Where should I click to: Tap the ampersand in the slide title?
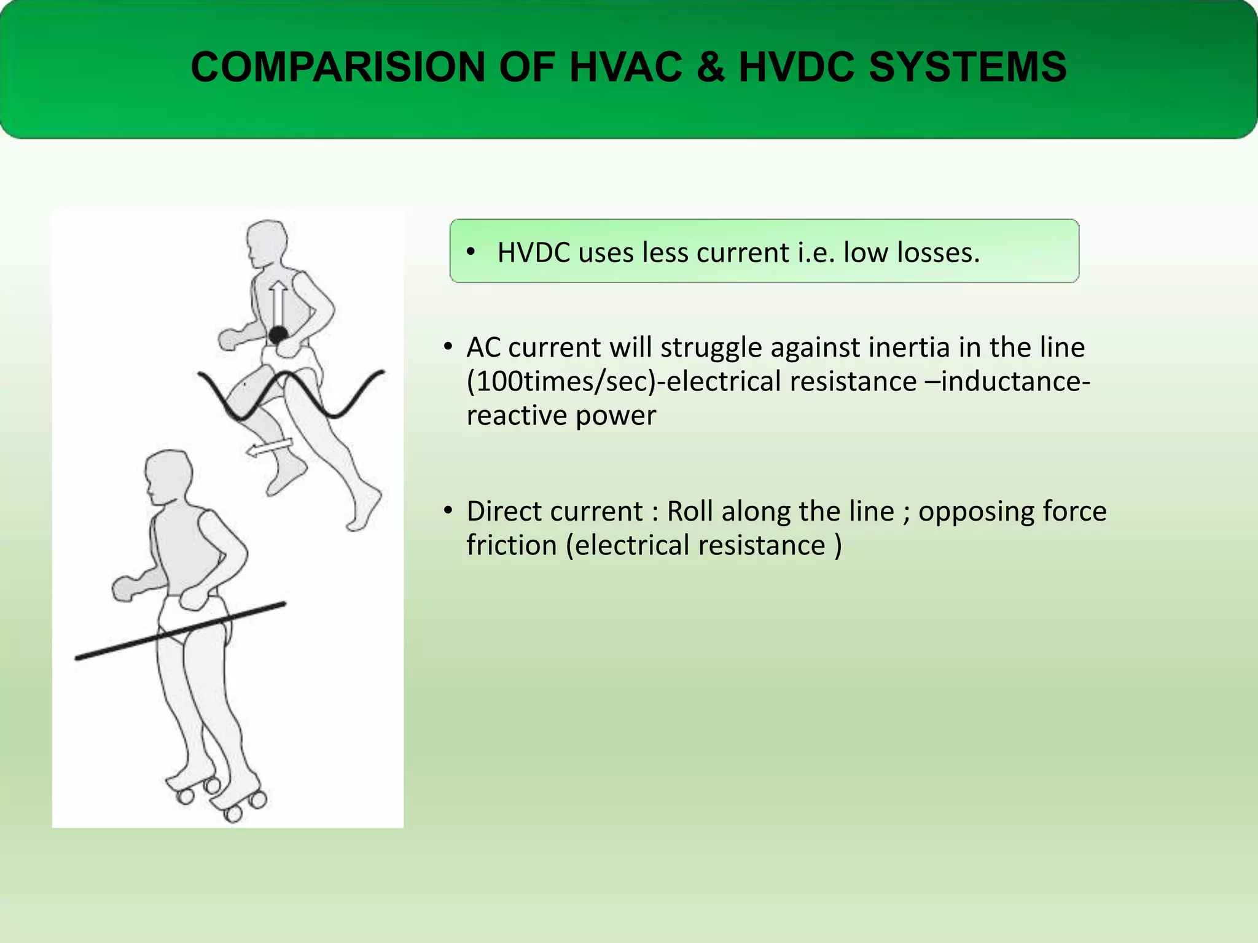[x=710, y=67]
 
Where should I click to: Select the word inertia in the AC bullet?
[x=896, y=347]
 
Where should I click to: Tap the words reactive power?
[x=561, y=416]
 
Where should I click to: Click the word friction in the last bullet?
[x=511, y=545]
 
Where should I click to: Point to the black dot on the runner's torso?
[x=278, y=335]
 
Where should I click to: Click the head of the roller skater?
[x=167, y=476]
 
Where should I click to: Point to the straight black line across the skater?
[x=180, y=631]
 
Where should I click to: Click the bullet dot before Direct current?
[x=448, y=511]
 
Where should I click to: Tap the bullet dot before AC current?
[x=448, y=347]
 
